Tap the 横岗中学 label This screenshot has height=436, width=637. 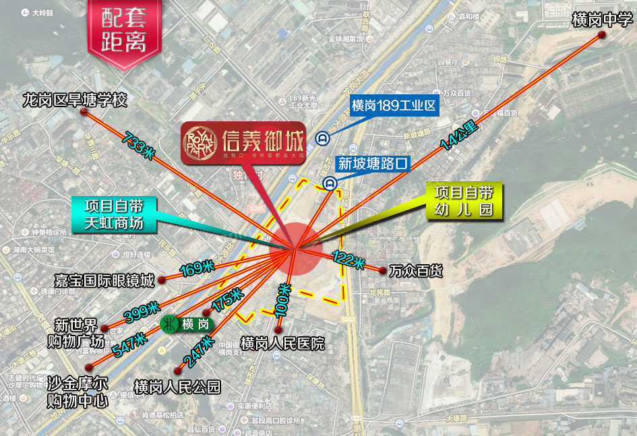(599, 20)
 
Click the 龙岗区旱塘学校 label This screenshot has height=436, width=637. (74, 100)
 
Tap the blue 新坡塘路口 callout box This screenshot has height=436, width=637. (373, 163)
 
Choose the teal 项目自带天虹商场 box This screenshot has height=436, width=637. (114, 214)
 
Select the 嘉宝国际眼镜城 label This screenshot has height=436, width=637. (104, 280)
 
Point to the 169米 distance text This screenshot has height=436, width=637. (197, 269)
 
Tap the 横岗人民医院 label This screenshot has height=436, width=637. (282, 343)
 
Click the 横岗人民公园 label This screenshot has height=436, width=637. (177, 387)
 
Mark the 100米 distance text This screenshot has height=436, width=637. (284, 299)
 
